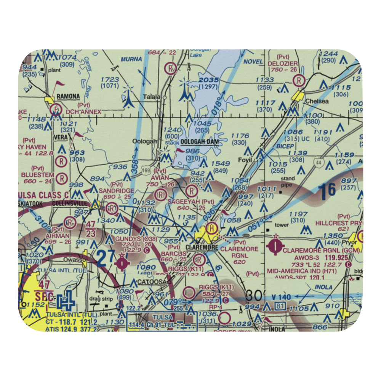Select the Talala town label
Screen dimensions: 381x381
point(152,97)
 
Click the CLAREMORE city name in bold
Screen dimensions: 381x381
point(202,248)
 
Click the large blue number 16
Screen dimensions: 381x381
point(327,191)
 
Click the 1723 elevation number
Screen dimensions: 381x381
point(109,80)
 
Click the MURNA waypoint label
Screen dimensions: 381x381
point(131,59)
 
